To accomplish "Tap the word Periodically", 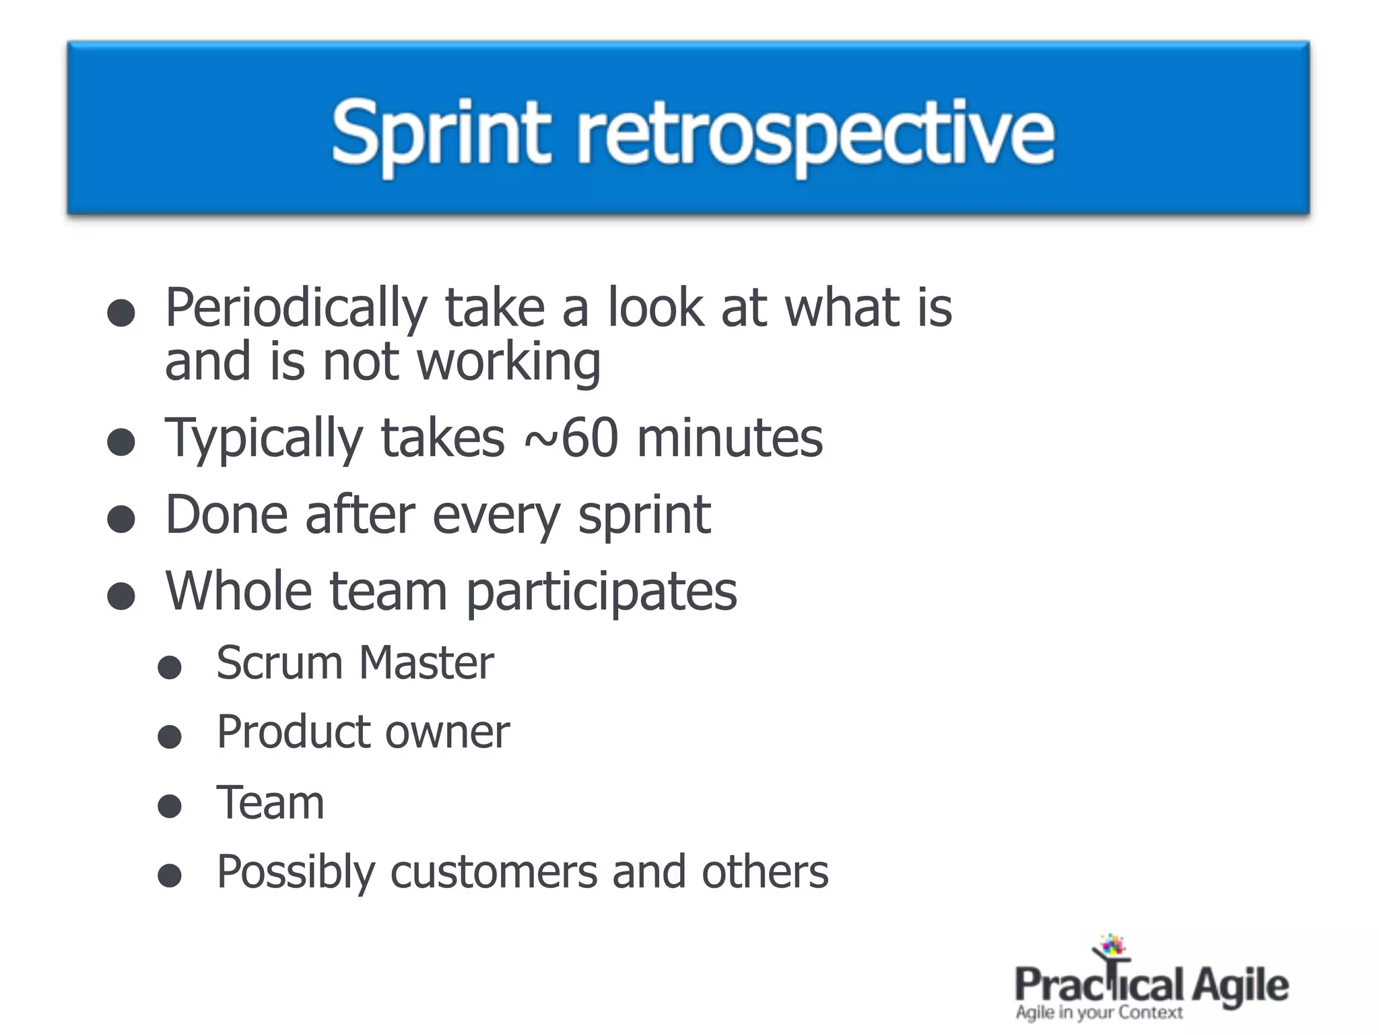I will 296,309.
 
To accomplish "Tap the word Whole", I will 238,591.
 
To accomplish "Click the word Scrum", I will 279,663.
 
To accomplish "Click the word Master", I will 426,663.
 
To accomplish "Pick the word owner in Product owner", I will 448,732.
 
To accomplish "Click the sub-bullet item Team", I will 270,803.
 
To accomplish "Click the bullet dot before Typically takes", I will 121,443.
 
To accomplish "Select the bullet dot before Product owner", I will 170,737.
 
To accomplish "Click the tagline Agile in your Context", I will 1099,1012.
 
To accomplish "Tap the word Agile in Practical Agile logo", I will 1240,985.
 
